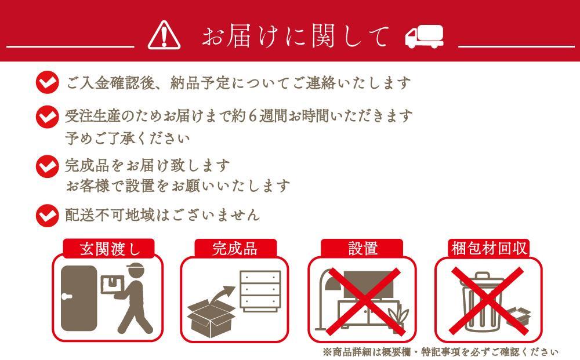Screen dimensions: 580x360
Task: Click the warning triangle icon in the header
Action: pyautogui.click(x=164, y=35)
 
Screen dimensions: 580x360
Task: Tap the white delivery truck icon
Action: pyautogui.click(x=425, y=36)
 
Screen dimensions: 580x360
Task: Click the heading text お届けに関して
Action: pyautogui.click(x=295, y=36)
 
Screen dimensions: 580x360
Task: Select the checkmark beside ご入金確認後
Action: pyautogui.click(x=48, y=82)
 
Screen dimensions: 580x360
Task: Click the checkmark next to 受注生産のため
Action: pyautogui.click(x=48, y=117)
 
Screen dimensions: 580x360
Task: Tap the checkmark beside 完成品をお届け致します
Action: pyautogui.click(x=48, y=166)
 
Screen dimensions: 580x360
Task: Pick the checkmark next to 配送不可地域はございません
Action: pyautogui.click(x=48, y=216)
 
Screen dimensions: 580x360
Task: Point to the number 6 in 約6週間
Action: pyautogui.click(x=253, y=117)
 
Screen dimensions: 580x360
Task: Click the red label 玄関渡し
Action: pyautogui.click(x=109, y=249)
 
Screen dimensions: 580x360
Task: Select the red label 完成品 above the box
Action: pyautogui.click(x=235, y=249)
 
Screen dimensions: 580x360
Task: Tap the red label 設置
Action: pyautogui.click(x=362, y=249)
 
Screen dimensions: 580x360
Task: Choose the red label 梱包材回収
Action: pyautogui.click(x=489, y=249)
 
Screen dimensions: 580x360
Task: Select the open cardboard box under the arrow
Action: pyautogui.click(x=211, y=319)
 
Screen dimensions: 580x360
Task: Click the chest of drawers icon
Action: pyautogui.click(x=260, y=291)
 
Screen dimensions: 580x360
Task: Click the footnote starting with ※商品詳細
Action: pyautogui.click(x=440, y=352)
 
